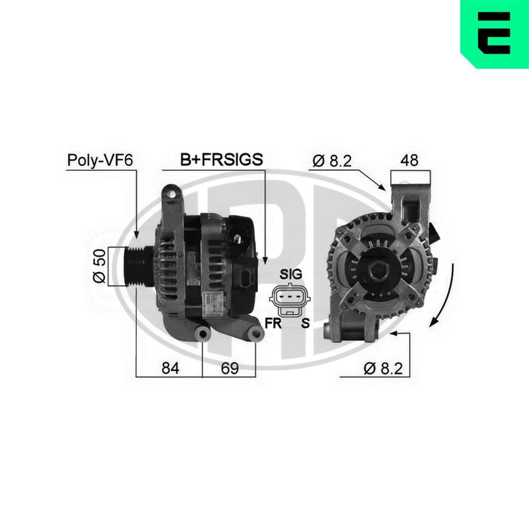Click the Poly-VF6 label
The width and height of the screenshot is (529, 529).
[99, 160]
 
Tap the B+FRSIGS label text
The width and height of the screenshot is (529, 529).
[221, 160]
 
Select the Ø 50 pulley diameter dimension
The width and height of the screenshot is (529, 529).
[101, 266]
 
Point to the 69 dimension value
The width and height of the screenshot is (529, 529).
[229, 367]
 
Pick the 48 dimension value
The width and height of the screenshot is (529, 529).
[411, 161]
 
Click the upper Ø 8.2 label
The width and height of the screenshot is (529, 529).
[332, 161]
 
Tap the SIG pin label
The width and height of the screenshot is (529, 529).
[290, 274]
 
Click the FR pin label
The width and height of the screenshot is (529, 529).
[273, 323]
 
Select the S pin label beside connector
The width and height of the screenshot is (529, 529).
[305, 323]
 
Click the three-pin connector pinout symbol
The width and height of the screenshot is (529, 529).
[290, 299]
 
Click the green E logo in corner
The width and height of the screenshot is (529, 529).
[494, 34]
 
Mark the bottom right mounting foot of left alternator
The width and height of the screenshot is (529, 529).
[256, 334]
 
